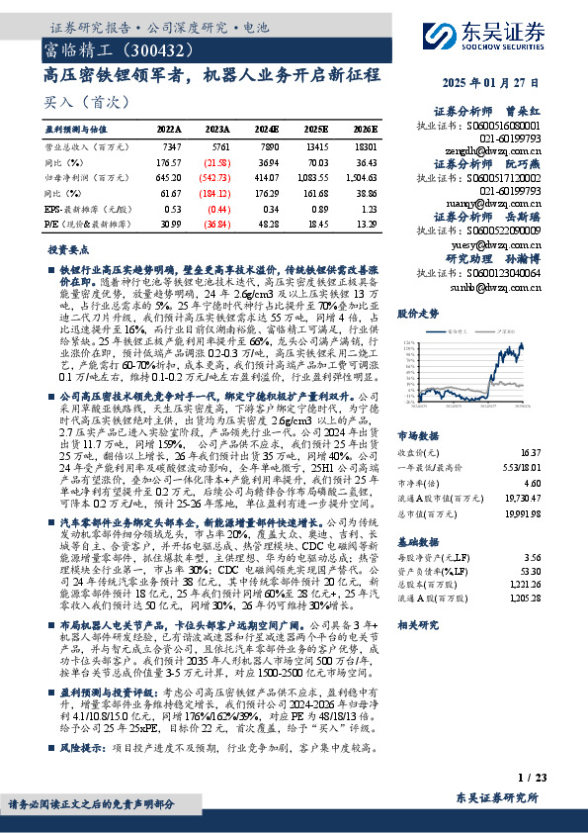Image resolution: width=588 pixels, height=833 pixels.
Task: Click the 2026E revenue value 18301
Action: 363,145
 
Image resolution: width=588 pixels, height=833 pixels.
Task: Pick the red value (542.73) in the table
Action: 215,177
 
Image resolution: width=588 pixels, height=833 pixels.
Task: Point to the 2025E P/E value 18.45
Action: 315,226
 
